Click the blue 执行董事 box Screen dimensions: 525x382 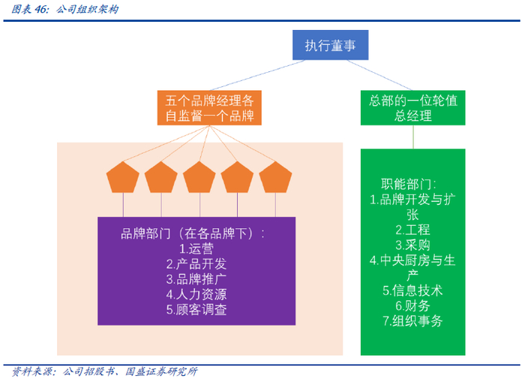[x=331, y=45]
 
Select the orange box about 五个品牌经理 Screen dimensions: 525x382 [x=209, y=107]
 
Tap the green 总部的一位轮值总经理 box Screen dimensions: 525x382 [x=412, y=107]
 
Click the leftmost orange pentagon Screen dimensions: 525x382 [x=123, y=177]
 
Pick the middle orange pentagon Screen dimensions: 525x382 [x=199, y=177]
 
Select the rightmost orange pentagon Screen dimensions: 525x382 [x=275, y=177]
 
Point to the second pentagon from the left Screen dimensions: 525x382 [x=161, y=177]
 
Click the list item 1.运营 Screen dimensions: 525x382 [x=196, y=248]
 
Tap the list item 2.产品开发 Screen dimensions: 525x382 [x=196, y=264]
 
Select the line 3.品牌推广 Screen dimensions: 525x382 [x=196, y=279]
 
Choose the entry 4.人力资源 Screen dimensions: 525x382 [x=196, y=294]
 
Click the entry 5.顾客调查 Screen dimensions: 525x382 [x=196, y=309]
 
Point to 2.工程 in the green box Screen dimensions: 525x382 [x=412, y=230]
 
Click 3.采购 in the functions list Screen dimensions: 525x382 [x=412, y=245]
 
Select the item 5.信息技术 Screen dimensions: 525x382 [x=412, y=290]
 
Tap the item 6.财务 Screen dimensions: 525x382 [x=412, y=305]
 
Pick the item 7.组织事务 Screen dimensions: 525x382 [x=412, y=320]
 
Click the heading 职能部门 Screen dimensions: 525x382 [x=406, y=185]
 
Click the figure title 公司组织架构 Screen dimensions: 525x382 [x=87, y=9]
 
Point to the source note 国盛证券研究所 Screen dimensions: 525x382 [x=161, y=371]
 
